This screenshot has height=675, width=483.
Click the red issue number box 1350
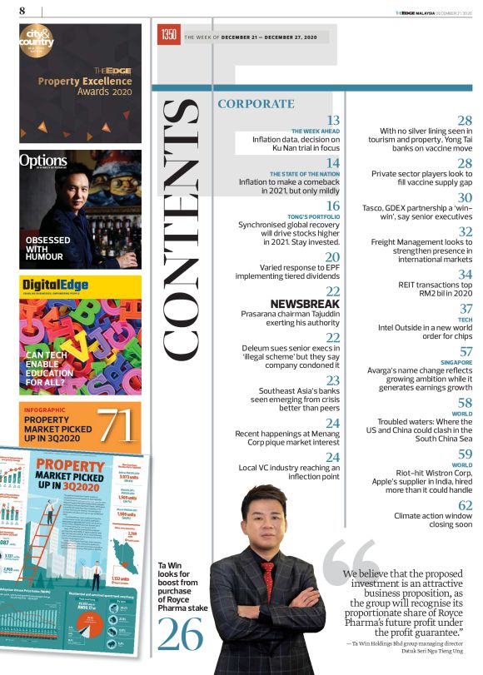click(169, 36)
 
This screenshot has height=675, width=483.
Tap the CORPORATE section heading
click(256, 104)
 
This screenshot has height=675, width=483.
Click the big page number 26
click(181, 636)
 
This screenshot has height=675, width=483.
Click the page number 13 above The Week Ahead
click(333, 121)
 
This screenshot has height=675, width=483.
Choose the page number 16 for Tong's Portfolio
click(333, 206)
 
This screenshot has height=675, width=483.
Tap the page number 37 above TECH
click(466, 309)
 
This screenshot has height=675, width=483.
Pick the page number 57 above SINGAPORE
click(466, 352)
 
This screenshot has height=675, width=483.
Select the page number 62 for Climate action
click(466, 505)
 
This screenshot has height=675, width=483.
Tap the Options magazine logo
click(44, 161)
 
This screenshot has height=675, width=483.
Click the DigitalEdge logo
click(57, 286)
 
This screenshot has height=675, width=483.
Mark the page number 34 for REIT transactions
click(466, 274)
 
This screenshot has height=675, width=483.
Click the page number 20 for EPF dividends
click(333, 257)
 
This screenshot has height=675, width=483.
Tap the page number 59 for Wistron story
click(466, 454)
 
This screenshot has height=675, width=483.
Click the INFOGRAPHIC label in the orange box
click(47, 410)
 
